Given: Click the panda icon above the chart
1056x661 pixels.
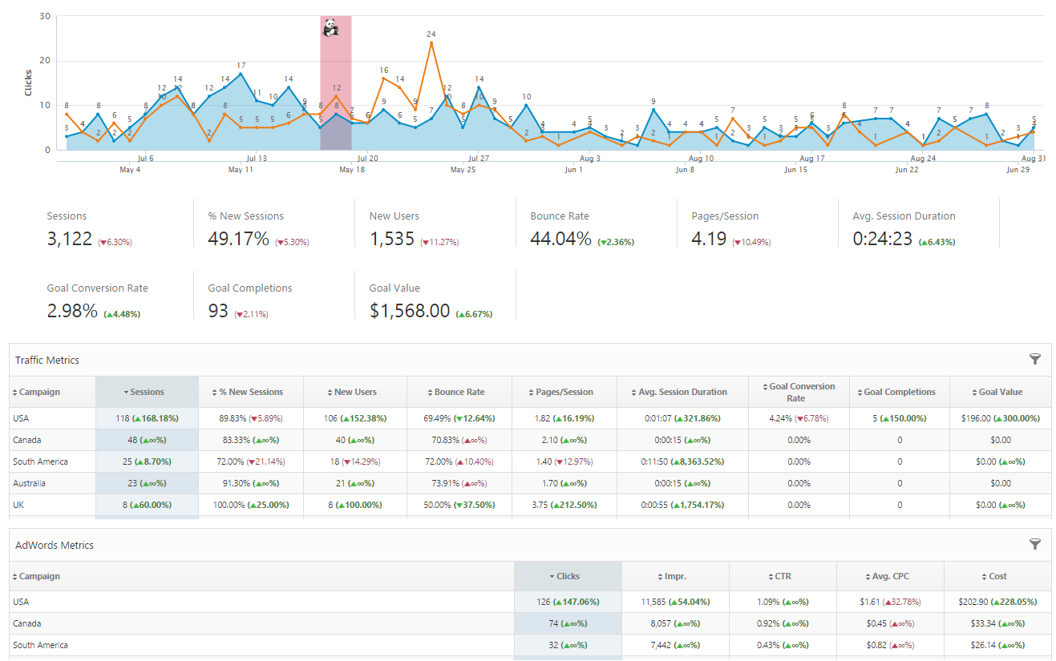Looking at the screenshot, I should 330,30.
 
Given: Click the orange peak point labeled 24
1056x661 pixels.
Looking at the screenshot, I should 431,42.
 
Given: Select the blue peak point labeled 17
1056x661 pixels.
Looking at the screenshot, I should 241,74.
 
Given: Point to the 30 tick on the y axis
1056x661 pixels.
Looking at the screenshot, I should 45,16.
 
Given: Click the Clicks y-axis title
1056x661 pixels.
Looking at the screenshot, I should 28,82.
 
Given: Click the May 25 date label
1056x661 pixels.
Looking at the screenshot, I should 463,170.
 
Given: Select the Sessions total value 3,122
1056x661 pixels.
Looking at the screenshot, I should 70,239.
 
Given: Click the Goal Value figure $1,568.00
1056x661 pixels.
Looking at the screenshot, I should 410,311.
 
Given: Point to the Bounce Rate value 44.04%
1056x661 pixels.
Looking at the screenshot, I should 560,239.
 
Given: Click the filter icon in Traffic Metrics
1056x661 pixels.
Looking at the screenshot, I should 1034,360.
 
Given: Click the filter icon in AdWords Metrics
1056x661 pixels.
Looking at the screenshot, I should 1034,545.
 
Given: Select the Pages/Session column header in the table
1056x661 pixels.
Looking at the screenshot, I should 564,392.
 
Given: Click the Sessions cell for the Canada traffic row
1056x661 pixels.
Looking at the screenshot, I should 146,440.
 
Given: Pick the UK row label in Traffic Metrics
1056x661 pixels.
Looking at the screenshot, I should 19,505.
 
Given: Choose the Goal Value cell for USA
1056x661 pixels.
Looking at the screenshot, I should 1000,418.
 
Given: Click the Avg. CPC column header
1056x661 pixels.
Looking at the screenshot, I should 890,576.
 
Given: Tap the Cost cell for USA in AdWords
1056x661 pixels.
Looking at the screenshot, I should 997,602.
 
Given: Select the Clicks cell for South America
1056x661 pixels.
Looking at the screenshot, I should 568,645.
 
